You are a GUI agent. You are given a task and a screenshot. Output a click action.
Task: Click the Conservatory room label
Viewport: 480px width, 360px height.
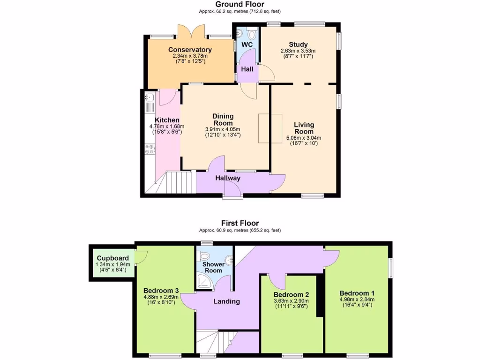pos(190,50)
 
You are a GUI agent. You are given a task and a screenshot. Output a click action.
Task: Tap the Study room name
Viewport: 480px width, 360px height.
pos(298,45)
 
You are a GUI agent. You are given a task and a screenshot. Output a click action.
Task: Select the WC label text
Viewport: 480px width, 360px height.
pos(247,45)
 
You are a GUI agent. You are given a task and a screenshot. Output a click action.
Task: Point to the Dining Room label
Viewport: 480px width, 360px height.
pos(223,120)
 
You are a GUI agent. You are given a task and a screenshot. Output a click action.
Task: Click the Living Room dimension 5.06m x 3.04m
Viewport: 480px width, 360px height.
pos(304,138)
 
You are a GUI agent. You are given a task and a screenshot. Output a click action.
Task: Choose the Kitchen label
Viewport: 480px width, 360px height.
pos(167,120)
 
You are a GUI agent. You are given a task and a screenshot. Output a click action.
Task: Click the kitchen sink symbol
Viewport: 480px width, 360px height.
pos(150,98)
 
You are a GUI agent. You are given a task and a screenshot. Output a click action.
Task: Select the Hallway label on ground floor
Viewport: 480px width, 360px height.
pos(228,178)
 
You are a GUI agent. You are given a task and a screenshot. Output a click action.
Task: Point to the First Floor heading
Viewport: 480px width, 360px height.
pos(240,223)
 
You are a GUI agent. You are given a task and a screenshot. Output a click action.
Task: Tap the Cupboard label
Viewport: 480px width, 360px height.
pos(112,258)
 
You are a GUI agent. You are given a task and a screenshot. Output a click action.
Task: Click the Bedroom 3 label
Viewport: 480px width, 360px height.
pos(161,290)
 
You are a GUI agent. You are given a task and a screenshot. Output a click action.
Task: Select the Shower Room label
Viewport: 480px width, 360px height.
pos(213,267)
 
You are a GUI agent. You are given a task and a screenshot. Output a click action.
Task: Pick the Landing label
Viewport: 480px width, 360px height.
pos(227,301)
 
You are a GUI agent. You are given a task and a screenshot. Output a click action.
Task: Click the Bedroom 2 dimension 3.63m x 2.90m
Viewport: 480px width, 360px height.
pos(292,301)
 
